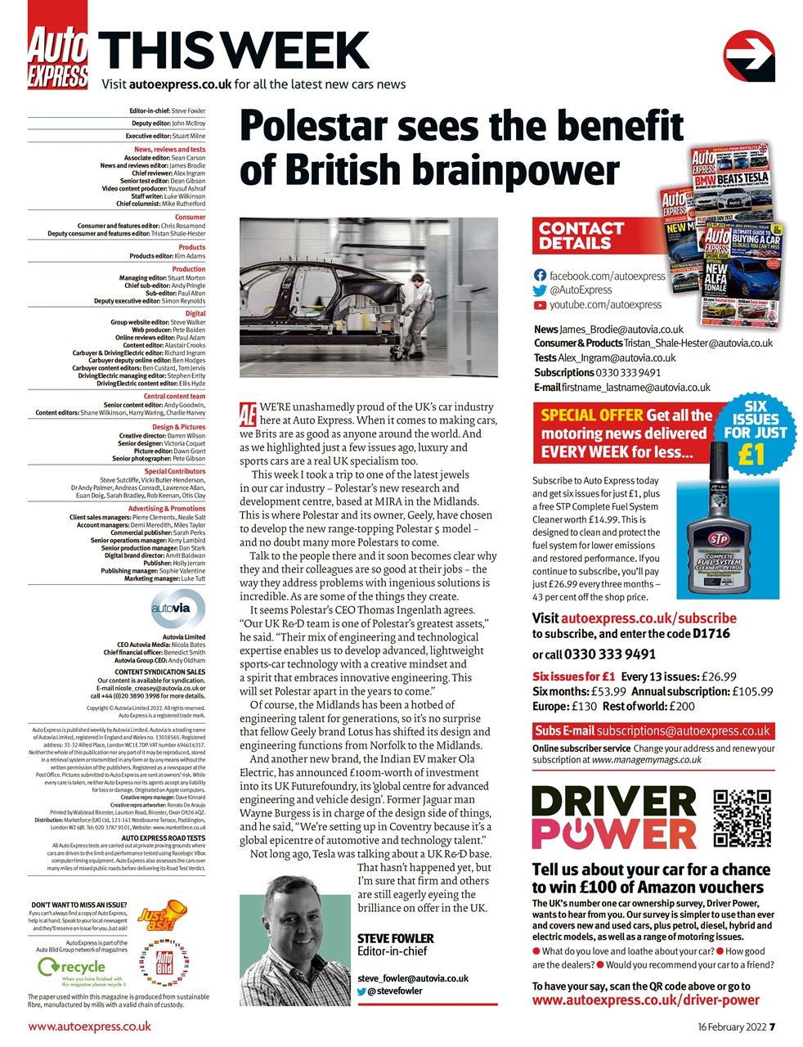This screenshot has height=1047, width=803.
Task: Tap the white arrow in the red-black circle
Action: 749,54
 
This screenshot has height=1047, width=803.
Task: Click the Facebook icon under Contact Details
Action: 540,276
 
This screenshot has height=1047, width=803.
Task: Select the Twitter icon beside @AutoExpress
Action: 540,290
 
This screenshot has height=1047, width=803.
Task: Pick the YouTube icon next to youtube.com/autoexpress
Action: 540,305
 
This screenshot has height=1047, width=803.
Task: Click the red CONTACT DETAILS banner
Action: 581,236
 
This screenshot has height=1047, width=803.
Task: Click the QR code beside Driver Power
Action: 742,817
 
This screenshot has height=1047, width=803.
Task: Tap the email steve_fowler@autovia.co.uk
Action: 413,978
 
